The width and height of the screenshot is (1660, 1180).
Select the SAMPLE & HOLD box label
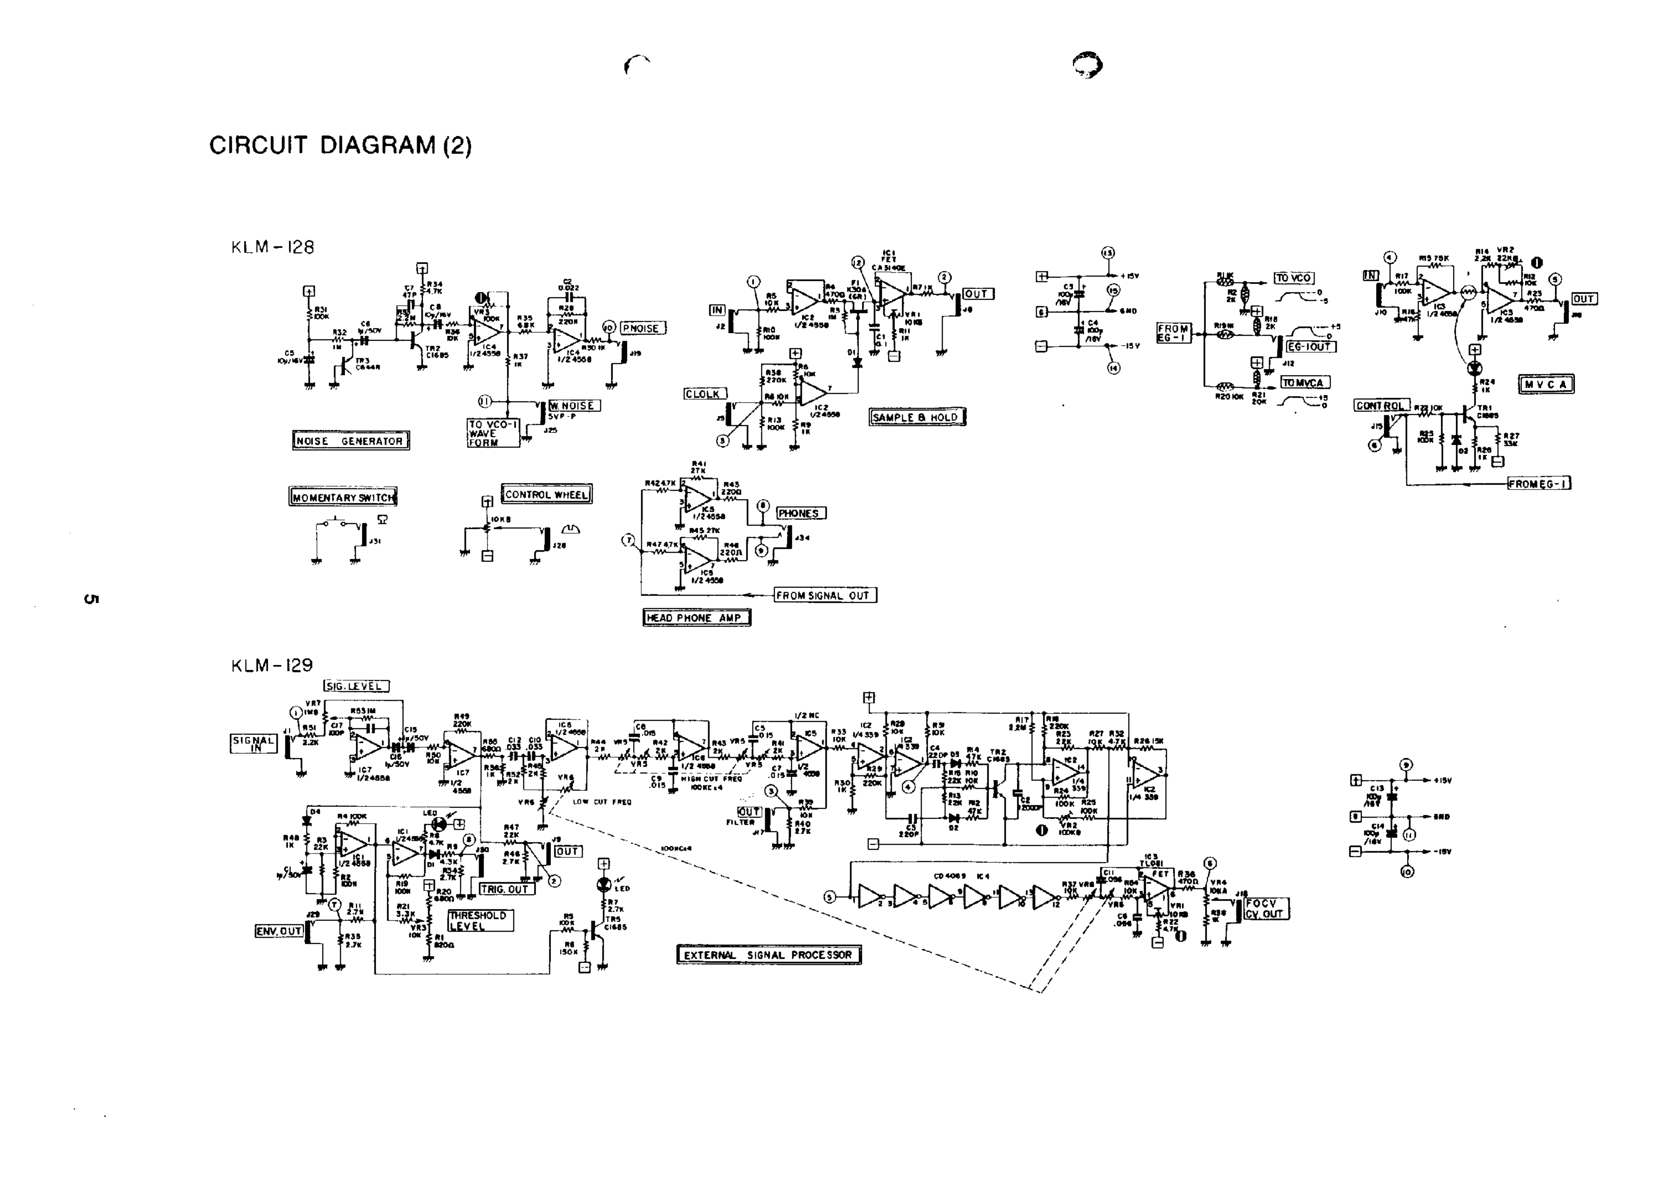(917, 417)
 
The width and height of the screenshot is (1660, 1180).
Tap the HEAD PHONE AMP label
(696, 618)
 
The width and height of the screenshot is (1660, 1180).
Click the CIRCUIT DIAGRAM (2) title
(340, 145)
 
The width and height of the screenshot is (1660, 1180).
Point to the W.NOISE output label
(574, 405)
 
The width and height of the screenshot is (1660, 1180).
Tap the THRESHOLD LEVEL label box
(480, 921)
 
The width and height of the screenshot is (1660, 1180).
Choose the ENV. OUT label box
(279, 931)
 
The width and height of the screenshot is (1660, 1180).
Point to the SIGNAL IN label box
(253, 744)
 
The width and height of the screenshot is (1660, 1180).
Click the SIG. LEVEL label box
(356, 686)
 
